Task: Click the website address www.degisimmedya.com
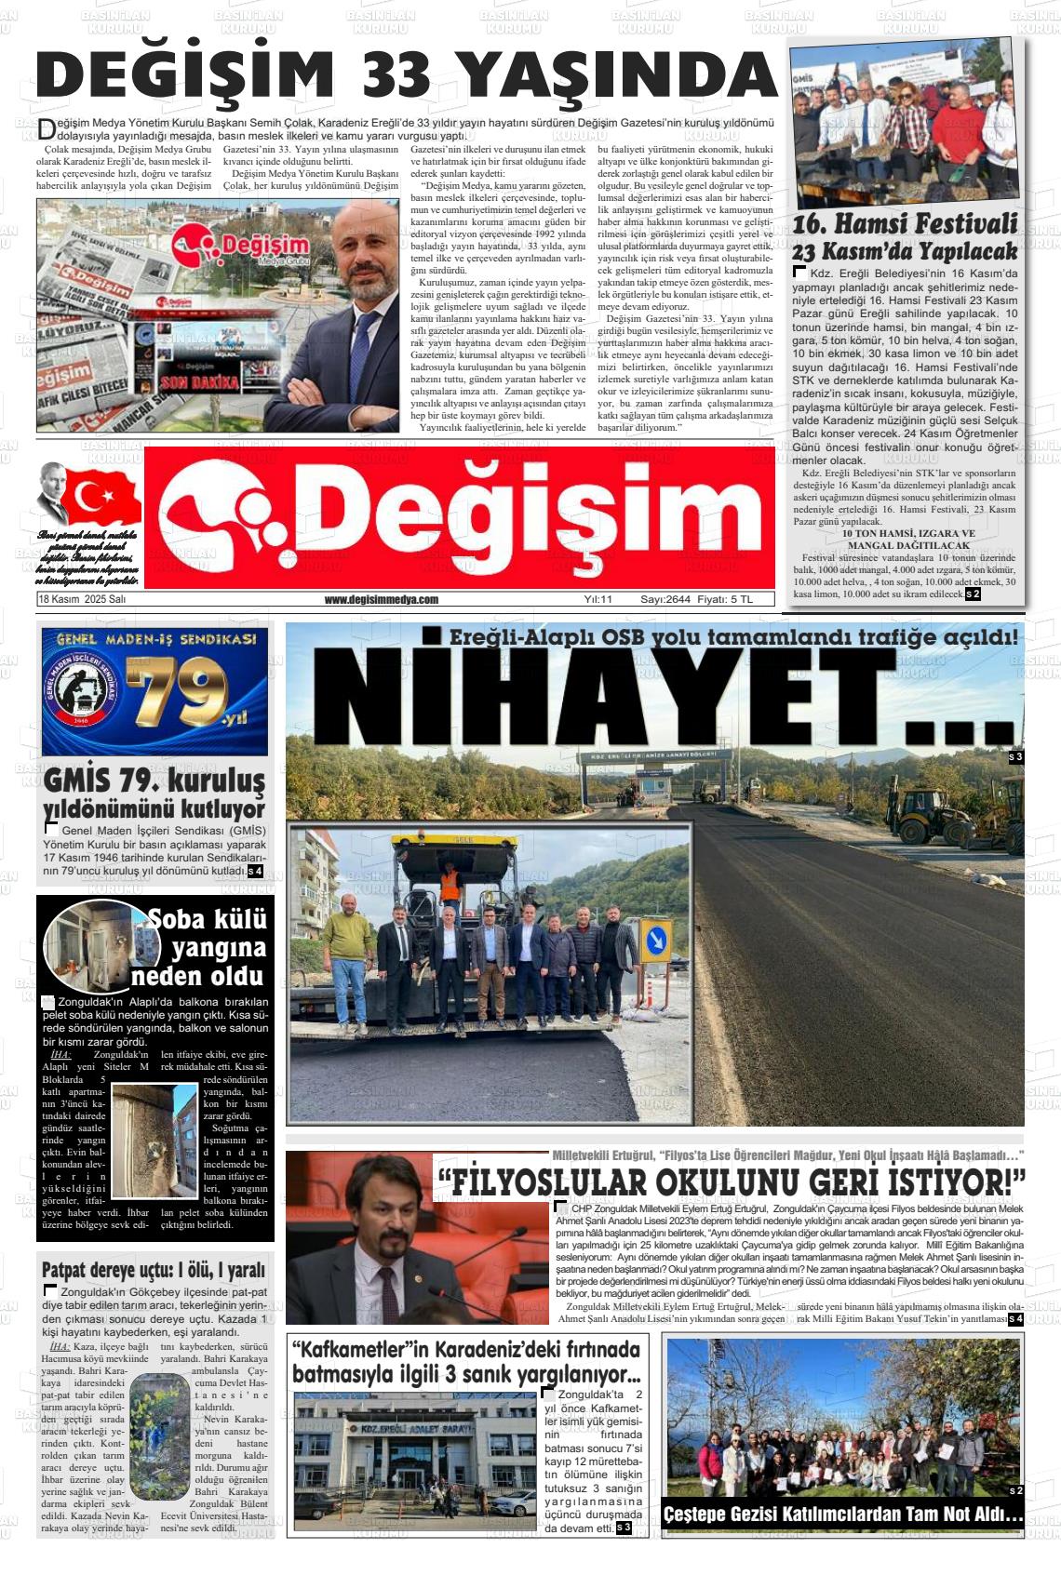pyautogui.click(x=382, y=600)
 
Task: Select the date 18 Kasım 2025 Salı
pyautogui.click(x=82, y=600)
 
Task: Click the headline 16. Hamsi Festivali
pyautogui.click(x=905, y=225)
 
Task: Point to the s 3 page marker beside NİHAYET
pyautogui.click(x=1015, y=758)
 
